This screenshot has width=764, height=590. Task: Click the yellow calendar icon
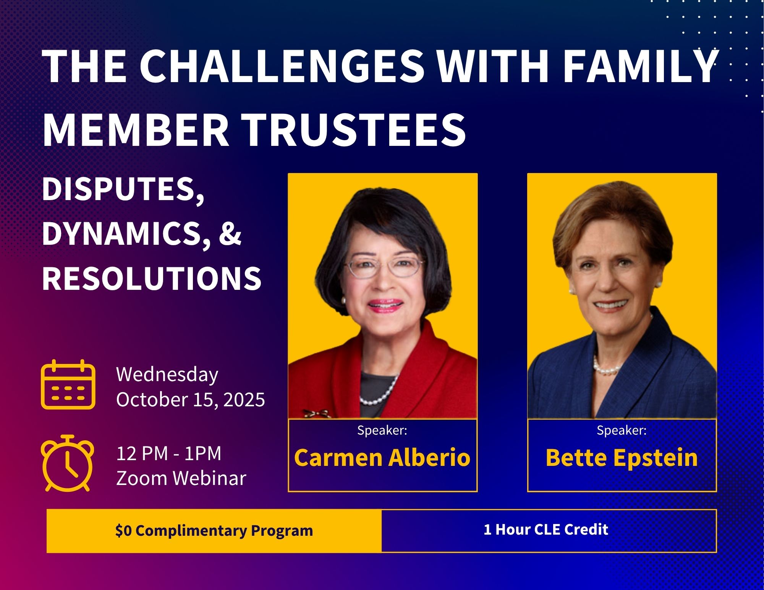point(68,385)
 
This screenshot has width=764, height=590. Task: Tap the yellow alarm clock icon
point(68,463)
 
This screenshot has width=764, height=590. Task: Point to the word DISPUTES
point(123,190)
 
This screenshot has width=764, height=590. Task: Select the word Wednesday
point(167,375)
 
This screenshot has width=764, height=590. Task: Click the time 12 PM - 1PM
point(169,454)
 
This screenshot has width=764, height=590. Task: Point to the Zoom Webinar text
point(181,478)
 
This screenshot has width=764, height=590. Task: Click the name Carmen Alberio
point(382,457)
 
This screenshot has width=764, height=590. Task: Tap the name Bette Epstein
point(622,457)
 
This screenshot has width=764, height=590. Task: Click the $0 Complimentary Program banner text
point(214,531)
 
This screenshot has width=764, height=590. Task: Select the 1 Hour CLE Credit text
point(546,529)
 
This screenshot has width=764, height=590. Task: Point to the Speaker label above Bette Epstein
point(622,430)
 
